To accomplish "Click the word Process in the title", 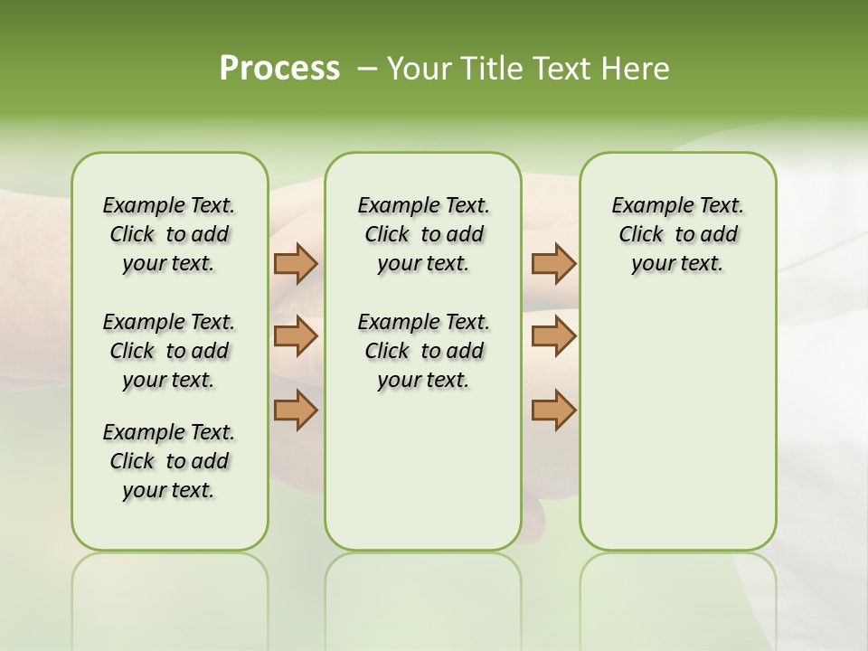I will pyautogui.click(x=279, y=68).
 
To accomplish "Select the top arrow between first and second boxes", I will pyautogui.click(x=296, y=263).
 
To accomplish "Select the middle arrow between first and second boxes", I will pyautogui.click(x=296, y=336).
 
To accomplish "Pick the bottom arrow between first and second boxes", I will pyautogui.click(x=296, y=410).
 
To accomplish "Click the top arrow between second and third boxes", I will pyautogui.click(x=553, y=263).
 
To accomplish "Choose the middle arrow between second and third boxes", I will pyautogui.click(x=553, y=336).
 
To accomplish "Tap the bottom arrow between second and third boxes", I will pyautogui.click(x=553, y=410).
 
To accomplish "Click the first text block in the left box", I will pyautogui.click(x=169, y=234).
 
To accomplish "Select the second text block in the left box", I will pyautogui.click(x=169, y=351).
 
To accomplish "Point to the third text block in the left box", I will pyautogui.click(x=169, y=461).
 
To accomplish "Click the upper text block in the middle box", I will pyautogui.click(x=423, y=234).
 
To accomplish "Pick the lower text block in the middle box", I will pyautogui.click(x=423, y=351).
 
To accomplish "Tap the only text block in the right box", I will pyautogui.click(x=677, y=234).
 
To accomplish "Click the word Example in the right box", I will pyautogui.click(x=646, y=206).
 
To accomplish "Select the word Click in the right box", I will pyautogui.click(x=641, y=235).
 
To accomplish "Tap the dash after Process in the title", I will pyautogui.click(x=367, y=69).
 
